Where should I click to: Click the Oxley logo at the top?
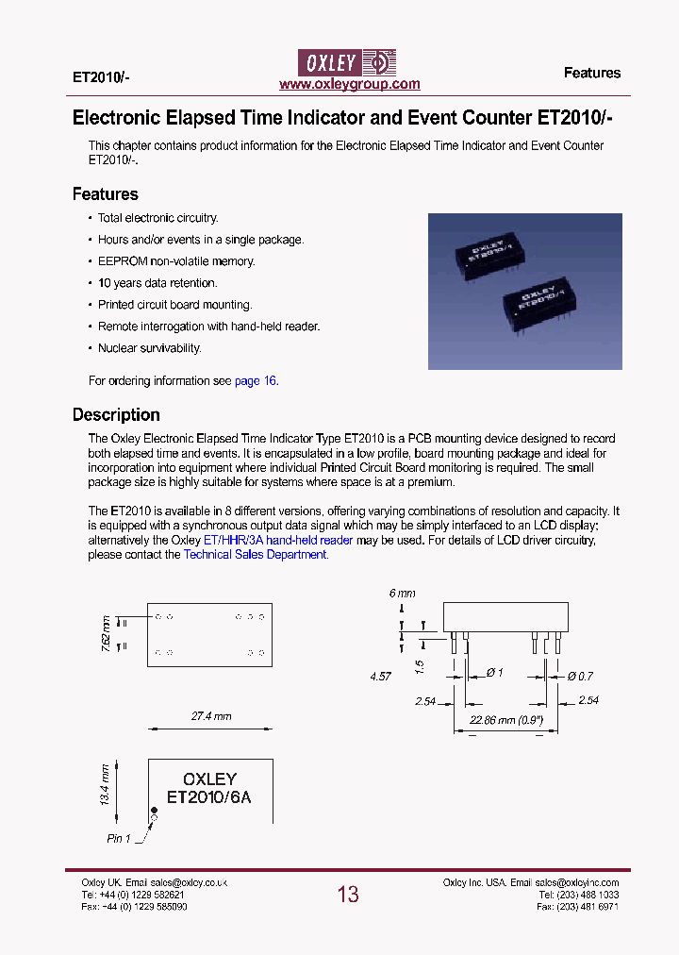pyautogui.click(x=349, y=62)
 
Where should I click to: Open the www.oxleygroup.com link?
pyautogui.click(x=350, y=84)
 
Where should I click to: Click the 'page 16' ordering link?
pyautogui.click(x=256, y=381)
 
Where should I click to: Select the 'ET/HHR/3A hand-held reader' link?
pyautogui.click(x=278, y=541)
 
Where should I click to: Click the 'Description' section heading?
pyautogui.click(x=116, y=415)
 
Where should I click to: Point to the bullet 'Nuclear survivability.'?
pyautogui.click(x=150, y=348)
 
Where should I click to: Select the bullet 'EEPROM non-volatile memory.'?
pyautogui.click(x=176, y=261)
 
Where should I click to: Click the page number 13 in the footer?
pyautogui.click(x=348, y=895)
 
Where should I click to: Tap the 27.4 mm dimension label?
pyautogui.click(x=211, y=716)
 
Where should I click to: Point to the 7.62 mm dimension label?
pyautogui.click(x=106, y=630)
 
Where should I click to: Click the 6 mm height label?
pyautogui.click(x=402, y=594)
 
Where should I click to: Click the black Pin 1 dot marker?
pyautogui.click(x=155, y=811)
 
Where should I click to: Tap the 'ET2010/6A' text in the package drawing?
pyautogui.click(x=209, y=796)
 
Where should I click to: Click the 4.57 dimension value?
pyautogui.click(x=379, y=677)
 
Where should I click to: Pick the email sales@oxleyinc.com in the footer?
pyautogui.click(x=579, y=882)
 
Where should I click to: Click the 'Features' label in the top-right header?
pyautogui.click(x=592, y=73)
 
